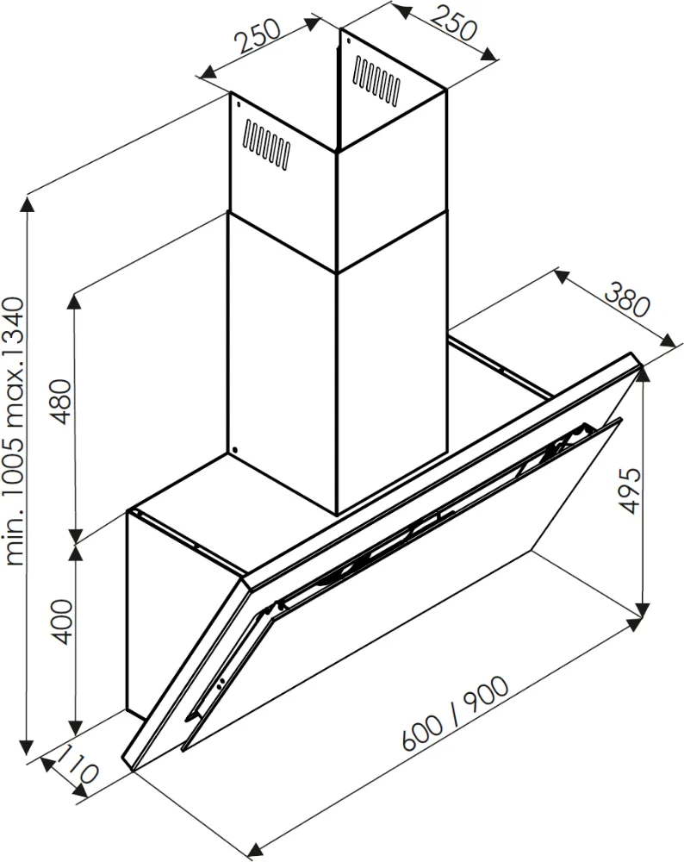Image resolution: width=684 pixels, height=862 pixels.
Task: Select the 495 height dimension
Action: [x=631, y=492]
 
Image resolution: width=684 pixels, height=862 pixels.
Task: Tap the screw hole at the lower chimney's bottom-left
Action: [x=234, y=448]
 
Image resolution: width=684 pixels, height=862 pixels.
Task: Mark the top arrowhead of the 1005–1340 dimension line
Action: [x=28, y=204]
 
